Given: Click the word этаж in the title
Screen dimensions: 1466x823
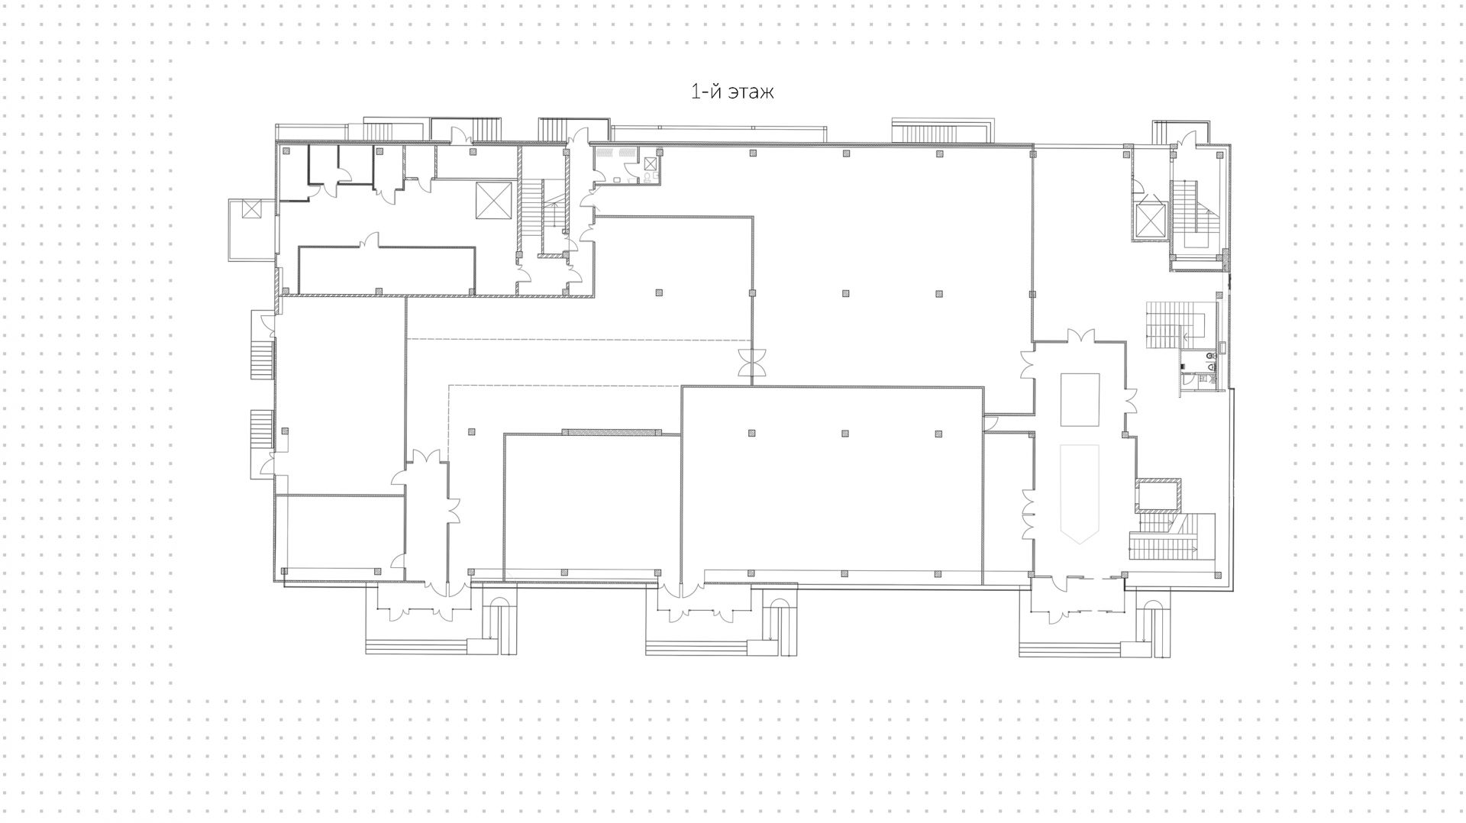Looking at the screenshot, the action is pos(751,92).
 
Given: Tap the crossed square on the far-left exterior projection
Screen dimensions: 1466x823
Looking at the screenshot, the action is pos(251,208).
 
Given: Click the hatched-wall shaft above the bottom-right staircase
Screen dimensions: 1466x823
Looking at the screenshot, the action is pos(1158,495).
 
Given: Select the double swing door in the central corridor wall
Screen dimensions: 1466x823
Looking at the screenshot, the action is pos(752,361).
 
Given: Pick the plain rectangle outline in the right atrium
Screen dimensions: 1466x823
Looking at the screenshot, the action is pos(1080,399).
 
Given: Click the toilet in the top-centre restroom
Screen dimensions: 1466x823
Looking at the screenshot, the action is pos(648,177).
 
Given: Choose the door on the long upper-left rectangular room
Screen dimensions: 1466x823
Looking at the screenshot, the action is pos(372,240).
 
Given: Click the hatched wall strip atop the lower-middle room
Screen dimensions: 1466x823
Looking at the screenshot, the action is pos(612,432).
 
